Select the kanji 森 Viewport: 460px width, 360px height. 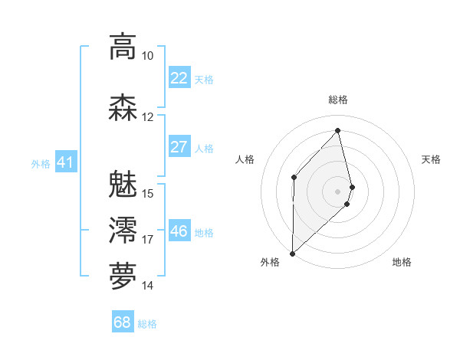pos(123,106)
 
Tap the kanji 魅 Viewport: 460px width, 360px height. pos(123,183)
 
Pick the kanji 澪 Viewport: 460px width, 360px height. pos(123,229)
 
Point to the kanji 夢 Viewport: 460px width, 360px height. pos(123,275)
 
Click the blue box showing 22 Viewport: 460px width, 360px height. pos(179,78)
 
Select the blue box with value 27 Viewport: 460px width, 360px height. pos(179,147)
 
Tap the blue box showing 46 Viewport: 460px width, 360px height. pos(179,231)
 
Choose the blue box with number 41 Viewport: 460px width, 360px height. pos(65,162)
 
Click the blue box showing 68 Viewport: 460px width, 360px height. pos(123,323)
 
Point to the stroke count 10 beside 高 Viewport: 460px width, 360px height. pos(148,56)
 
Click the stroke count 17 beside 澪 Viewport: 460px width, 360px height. pos(148,240)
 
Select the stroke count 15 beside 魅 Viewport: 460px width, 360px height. pos(148,193)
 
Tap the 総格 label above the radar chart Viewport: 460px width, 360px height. pos(338,100)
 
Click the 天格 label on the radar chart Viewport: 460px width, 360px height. pos(432,159)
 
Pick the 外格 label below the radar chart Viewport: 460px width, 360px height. pos(270,262)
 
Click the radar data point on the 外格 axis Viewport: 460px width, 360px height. pos(292,253)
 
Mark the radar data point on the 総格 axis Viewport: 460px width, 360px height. pos(338,130)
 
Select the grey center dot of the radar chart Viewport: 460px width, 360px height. pos(338,191)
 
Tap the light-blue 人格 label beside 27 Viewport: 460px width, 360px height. pos(204,148)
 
